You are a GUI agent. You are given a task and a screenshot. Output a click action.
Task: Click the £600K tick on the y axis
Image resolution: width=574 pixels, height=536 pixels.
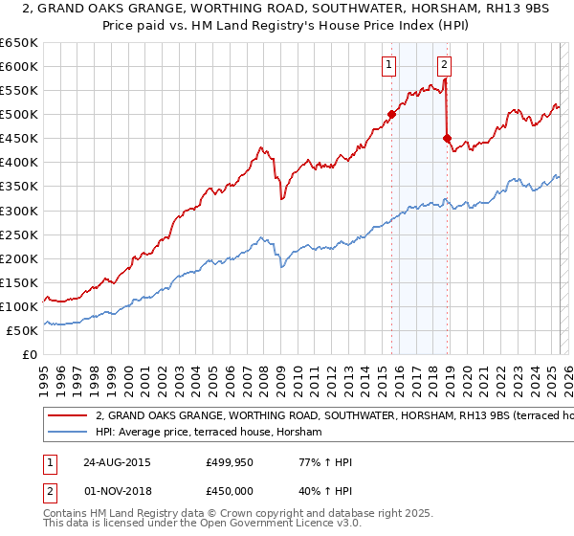21,66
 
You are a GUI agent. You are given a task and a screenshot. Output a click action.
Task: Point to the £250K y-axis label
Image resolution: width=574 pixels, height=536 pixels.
21,234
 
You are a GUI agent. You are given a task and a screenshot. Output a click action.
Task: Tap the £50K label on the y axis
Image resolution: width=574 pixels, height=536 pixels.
25,330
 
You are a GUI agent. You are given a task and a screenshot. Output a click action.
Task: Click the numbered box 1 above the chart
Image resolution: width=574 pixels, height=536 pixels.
389,65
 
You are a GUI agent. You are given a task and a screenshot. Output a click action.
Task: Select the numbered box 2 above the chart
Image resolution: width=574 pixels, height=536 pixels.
445,65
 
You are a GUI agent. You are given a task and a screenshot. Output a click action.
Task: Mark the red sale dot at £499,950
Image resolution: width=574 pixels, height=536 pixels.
391,114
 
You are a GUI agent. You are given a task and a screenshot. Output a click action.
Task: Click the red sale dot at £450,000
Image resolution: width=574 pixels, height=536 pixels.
447,138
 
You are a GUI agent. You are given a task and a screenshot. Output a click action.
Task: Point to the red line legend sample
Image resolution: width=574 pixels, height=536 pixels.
68,416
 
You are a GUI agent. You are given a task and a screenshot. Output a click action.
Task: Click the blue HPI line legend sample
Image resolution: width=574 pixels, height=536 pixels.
68,433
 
